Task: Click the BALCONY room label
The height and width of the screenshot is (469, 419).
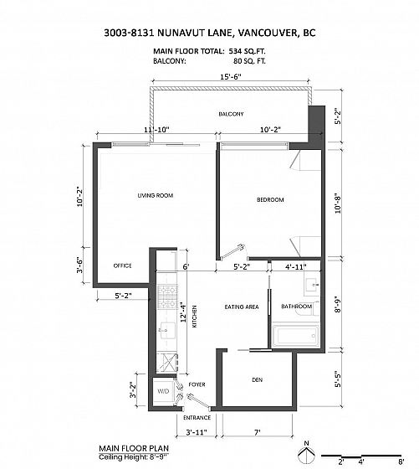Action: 231,114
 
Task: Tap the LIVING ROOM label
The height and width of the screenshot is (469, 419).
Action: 156,195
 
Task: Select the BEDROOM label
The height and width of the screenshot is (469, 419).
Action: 270,199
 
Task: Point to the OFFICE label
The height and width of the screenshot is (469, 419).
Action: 122,265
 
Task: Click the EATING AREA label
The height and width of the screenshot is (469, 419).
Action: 242,307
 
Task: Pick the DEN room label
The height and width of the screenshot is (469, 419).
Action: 257,380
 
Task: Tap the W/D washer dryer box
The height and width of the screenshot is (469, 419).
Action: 163,391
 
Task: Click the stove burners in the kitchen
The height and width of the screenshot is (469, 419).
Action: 167,297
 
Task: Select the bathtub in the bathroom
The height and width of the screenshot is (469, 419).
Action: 296,336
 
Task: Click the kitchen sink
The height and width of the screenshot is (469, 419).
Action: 168,331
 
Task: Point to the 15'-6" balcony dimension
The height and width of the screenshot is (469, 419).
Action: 231,77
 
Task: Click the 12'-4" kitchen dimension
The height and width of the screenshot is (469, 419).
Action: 184,312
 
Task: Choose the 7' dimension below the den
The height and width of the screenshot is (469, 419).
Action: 257,432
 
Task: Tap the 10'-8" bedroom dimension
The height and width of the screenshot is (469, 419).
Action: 338,204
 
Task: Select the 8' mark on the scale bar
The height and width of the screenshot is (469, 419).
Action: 401,461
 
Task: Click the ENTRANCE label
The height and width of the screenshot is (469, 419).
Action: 197,418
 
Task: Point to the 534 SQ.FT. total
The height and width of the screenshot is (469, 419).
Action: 247,51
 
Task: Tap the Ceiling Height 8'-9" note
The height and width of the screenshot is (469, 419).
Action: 134,457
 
